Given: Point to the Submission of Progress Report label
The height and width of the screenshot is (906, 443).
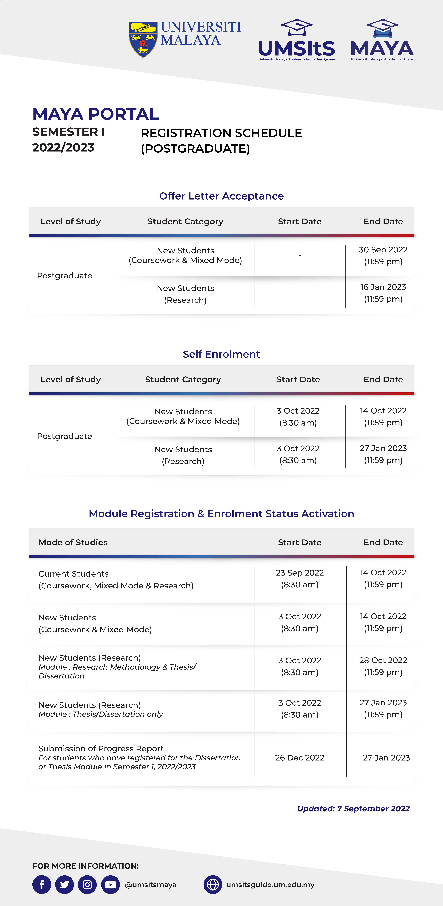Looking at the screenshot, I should click(x=101, y=748).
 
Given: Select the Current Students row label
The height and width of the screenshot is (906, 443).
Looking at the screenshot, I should click(x=74, y=574).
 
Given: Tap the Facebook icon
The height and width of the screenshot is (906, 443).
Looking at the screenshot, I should click(x=41, y=885).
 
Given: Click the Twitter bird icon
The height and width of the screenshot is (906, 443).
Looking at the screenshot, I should click(x=64, y=885).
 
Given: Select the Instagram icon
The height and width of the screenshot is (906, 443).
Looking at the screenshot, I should click(x=87, y=885).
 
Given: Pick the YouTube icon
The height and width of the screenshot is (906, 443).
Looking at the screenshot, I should click(x=110, y=885).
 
